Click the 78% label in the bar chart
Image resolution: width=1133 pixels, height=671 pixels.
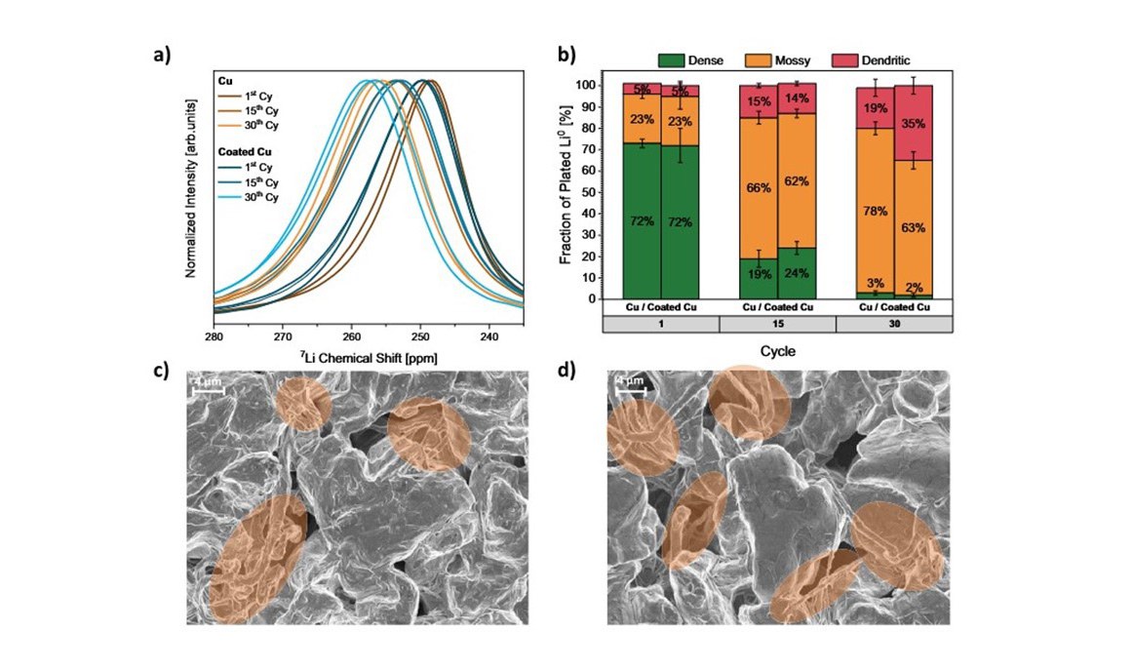pos(875,209)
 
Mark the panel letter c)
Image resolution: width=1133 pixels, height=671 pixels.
pos(160,374)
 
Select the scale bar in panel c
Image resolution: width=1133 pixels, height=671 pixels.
pos(208,391)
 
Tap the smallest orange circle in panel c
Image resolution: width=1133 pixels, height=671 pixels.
pos(302,405)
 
